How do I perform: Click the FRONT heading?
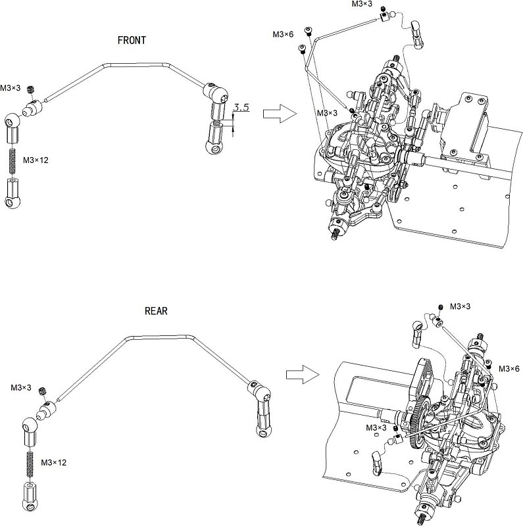click(131, 40)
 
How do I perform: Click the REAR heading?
click(156, 311)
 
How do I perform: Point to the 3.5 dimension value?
click(241, 107)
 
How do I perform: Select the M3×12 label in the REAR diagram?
click(53, 463)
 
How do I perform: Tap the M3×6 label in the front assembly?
click(283, 34)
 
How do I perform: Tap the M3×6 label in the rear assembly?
click(509, 368)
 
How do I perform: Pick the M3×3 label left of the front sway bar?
click(11, 87)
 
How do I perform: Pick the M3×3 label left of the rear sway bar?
click(21, 388)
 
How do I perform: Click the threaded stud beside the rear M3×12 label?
click(31, 463)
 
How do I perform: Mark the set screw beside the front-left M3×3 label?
click(34, 89)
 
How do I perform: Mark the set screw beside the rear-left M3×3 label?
click(44, 392)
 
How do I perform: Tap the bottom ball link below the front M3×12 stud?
click(13, 193)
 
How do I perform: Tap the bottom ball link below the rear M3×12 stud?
click(31, 494)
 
